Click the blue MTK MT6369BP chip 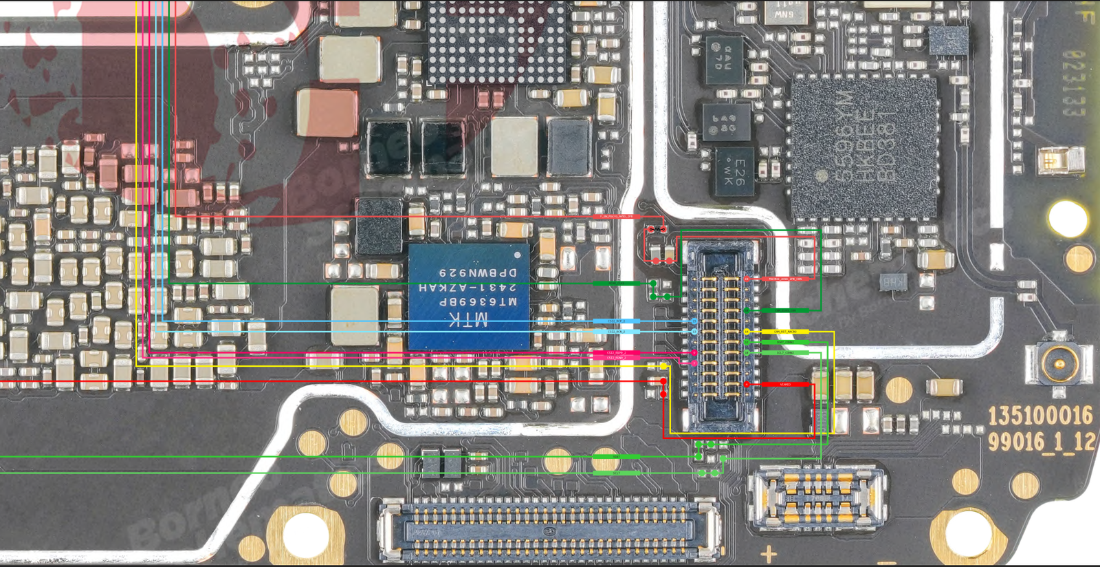(469, 296)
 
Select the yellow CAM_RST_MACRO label (786, 332)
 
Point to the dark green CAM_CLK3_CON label (786, 310)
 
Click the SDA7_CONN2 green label (786, 342)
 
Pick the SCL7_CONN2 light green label (786, 353)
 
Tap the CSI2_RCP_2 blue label (616, 321)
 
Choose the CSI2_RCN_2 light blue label (616, 332)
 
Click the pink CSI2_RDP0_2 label (616, 353)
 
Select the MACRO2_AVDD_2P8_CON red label (786, 279)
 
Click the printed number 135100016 (1039, 416)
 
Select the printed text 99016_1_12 (1041, 441)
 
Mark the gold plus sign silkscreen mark (769, 553)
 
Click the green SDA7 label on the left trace (616, 457)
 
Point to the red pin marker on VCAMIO (747, 384)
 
